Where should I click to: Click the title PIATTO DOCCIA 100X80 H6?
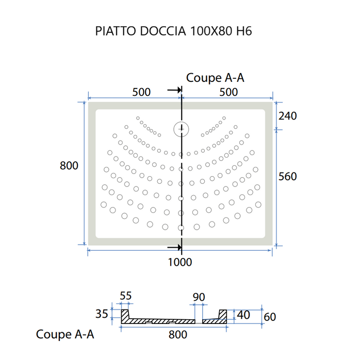click(173, 31)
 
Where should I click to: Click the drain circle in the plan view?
click(181, 128)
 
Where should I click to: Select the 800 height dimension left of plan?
click(69, 166)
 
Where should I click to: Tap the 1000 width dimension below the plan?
click(179, 262)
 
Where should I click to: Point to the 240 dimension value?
click(287, 116)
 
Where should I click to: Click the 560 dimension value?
click(287, 176)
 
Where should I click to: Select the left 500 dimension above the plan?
click(141, 92)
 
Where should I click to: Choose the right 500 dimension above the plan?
click(228, 92)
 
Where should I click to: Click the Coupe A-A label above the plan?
click(215, 78)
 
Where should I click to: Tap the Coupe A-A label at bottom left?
click(65, 334)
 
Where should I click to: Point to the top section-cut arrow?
click(174, 90)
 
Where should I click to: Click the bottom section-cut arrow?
click(174, 247)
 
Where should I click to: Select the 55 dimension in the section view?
click(126, 296)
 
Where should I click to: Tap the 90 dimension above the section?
click(199, 297)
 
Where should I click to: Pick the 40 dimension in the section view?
click(243, 314)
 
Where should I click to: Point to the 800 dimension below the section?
click(177, 334)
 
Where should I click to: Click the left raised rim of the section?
click(125, 315)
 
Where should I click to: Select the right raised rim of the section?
click(223, 314)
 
